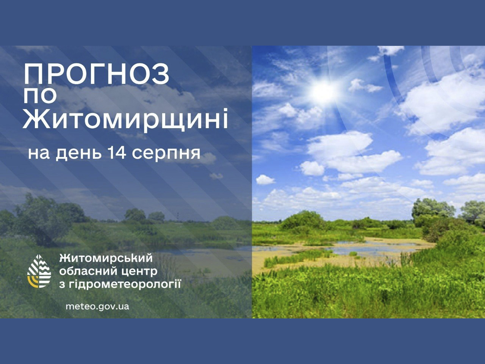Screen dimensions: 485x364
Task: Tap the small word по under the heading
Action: coord(40,96)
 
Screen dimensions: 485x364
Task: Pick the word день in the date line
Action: coord(78,154)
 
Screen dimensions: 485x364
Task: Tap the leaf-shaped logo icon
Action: coord(39,271)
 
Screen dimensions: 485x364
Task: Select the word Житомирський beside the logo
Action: coord(106,258)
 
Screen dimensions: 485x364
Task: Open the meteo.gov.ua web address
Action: coord(97,306)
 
